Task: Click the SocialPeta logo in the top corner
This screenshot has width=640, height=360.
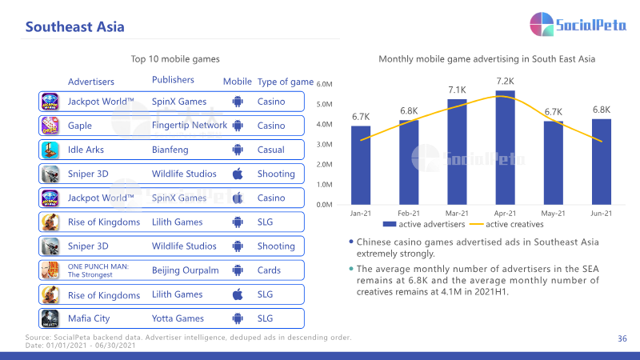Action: coord(578,24)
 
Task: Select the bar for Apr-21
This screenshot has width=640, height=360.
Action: coord(505,147)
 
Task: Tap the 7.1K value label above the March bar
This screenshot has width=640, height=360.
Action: coord(457,90)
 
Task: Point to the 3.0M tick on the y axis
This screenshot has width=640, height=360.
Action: coord(324,145)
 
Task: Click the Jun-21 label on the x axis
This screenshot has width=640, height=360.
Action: coord(602,213)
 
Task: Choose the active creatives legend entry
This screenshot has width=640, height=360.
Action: coord(506,224)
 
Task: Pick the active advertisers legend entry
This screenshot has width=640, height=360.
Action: coord(424,224)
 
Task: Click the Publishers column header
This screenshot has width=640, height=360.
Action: coord(173,79)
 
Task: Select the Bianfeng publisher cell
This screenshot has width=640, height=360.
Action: coord(170,150)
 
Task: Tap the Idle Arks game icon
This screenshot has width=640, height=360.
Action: coord(50,150)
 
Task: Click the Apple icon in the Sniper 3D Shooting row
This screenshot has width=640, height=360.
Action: coord(238,174)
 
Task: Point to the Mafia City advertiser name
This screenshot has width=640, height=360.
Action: coord(89,318)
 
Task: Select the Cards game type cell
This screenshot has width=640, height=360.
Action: coord(269,270)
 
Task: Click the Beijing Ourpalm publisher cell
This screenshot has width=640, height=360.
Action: coord(185,270)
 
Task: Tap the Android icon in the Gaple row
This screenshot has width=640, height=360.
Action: coord(238,126)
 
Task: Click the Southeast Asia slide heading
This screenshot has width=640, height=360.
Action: coord(74,26)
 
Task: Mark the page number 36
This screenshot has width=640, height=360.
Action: coord(622,338)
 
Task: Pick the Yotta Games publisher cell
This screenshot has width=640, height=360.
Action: coord(178,318)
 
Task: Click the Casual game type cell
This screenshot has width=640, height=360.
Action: coord(270,150)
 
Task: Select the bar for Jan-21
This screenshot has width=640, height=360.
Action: coord(361,166)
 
